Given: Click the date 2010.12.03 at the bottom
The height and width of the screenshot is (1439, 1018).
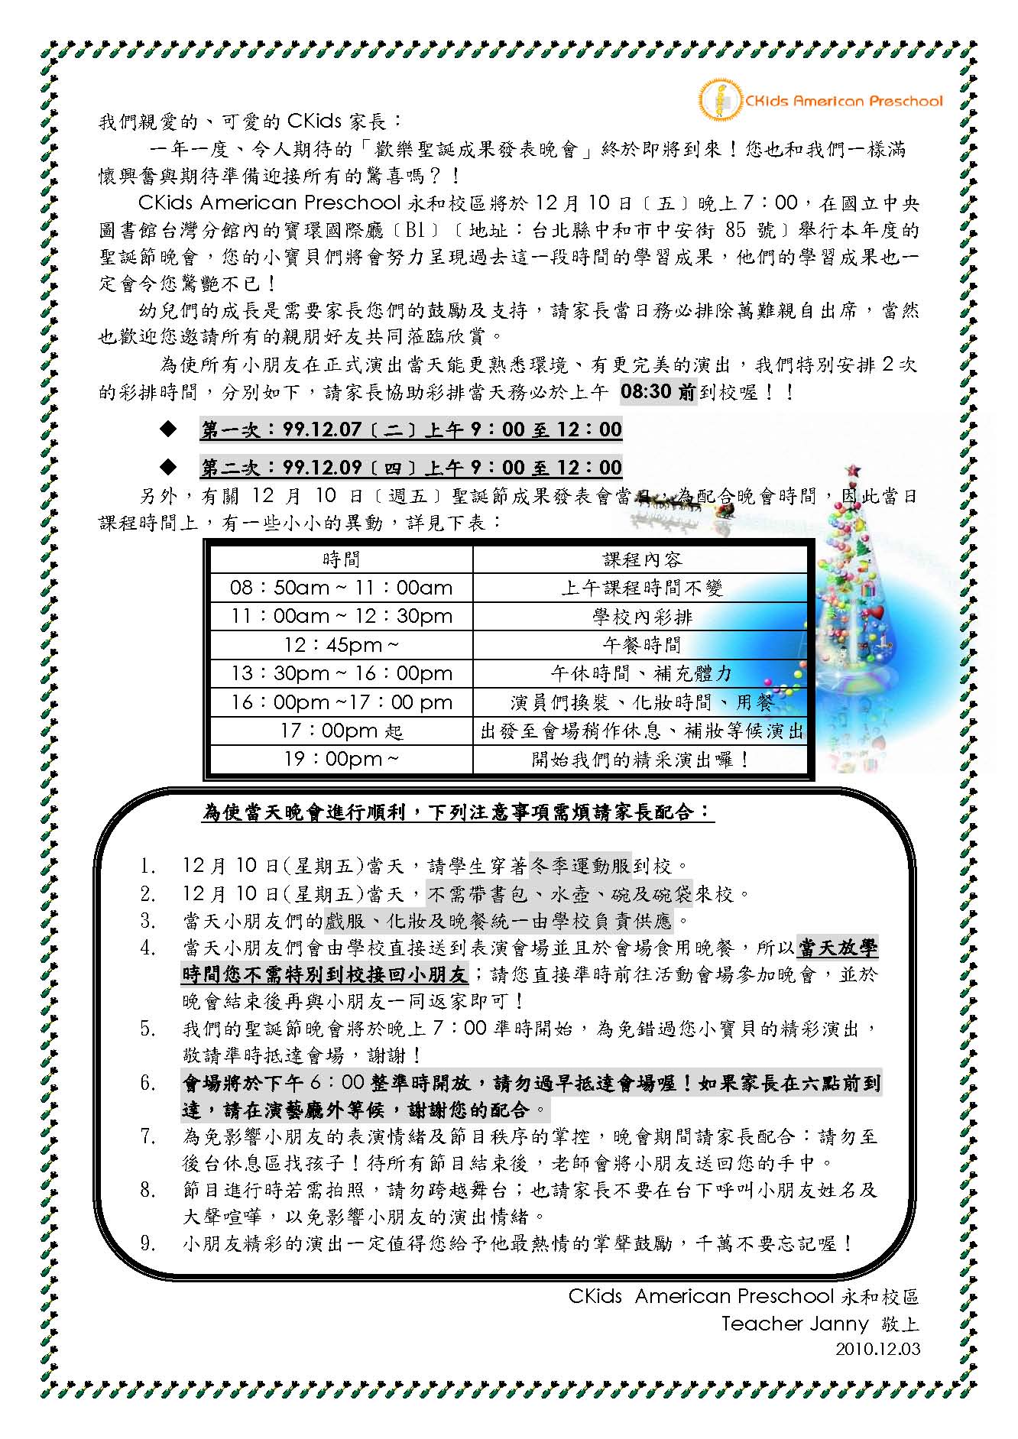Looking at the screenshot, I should [877, 1348].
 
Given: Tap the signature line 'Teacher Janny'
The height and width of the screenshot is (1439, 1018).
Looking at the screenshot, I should [795, 1323].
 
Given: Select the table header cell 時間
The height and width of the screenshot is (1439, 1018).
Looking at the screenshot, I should [341, 559].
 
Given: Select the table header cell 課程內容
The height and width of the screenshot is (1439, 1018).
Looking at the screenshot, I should [642, 559].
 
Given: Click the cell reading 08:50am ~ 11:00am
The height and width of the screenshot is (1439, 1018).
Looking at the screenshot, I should [341, 588].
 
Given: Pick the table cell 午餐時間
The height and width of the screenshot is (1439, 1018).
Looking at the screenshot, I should [642, 645].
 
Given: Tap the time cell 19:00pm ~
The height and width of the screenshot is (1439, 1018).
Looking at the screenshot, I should [341, 760].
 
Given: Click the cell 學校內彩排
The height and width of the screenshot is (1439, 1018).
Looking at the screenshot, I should [642, 616].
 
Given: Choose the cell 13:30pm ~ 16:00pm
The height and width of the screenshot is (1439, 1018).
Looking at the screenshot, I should [341, 673].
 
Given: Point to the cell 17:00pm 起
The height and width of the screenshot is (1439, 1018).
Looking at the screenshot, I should [341, 731].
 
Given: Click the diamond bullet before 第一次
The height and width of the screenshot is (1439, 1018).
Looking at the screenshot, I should [167, 429].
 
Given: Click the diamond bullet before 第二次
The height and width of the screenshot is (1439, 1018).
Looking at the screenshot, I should [167, 466].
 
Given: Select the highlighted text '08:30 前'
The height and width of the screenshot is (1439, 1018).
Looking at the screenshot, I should [657, 392].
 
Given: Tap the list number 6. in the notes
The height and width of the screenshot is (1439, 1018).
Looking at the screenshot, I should [148, 1083].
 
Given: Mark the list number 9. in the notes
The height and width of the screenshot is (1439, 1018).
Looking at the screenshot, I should [148, 1243].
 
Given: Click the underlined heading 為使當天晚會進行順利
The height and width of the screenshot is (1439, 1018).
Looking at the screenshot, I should [458, 812].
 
